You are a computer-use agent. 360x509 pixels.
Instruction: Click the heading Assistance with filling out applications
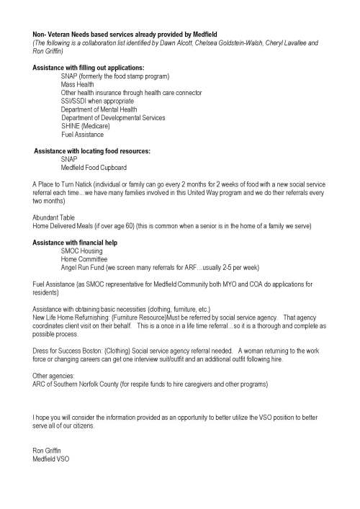(x=89, y=68)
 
